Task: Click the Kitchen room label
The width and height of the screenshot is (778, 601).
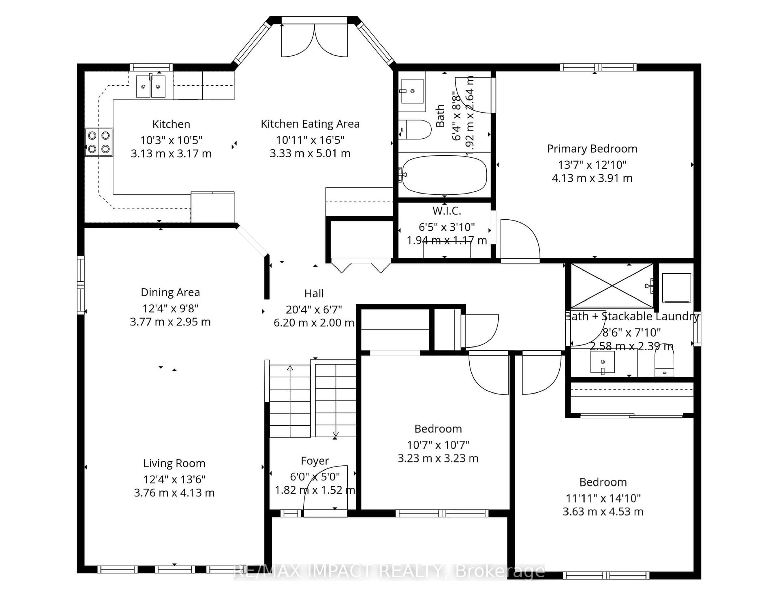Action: coord(171,124)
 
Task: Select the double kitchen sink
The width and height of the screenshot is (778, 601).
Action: coord(151,86)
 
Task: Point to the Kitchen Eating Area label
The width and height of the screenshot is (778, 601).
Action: coord(310,124)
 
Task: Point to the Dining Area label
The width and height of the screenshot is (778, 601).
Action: coord(170,292)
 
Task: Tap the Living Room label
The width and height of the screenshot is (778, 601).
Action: coord(174,463)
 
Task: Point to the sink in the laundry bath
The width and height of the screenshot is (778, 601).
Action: coord(602,362)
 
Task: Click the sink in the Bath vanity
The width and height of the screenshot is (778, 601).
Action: coord(412,91)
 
